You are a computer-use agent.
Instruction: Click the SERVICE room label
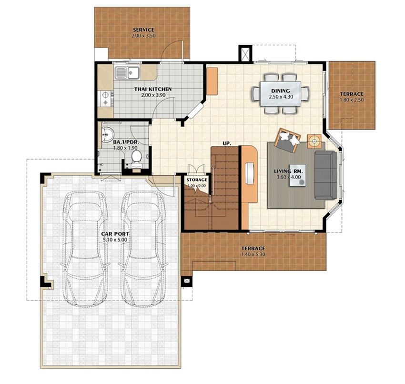[x=143, y=30]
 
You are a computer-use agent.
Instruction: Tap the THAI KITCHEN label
[x=153, y=89]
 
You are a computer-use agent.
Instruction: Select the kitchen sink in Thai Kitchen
[x=127, y=72]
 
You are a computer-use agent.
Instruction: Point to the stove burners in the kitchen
[x=106, y=99]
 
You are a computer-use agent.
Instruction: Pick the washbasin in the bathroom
[x=107, y=134]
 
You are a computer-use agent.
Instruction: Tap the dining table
[x=281, y=93]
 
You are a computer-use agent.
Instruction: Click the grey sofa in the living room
[x=326, y=175]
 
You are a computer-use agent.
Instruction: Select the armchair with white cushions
[x=287, y=140]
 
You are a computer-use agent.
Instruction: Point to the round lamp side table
[x=314, y=141]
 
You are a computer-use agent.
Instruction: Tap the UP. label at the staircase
[x=227, y=143]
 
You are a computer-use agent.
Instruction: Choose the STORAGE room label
[x=197, y=180]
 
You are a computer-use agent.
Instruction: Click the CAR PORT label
[x=115, y=234]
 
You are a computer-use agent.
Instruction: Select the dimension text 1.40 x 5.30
[x=253, y=254]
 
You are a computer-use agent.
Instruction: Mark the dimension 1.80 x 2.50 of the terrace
[x=352, y=100]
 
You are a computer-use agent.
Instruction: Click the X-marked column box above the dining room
[x=245, y=54]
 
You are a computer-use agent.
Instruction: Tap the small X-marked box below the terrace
[x=187, y=281]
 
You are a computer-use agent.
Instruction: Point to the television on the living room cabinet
[x=250, y=173]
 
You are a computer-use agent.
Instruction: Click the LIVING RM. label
[x=289, y=171]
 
